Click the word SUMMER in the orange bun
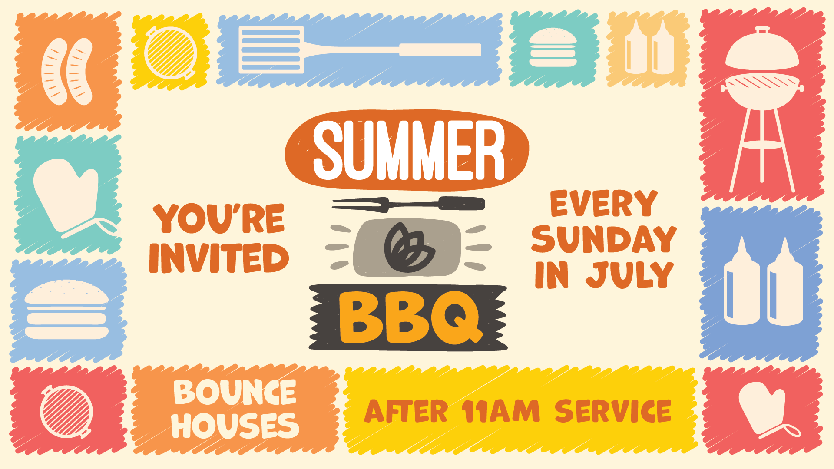click(409, 150)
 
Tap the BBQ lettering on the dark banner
click(411, 317)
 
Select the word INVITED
click(219, 258)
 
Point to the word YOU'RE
click(219, 218)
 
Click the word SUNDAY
click(604, 239)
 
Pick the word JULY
click(629, 274)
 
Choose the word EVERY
click(604, 203)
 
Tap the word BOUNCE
click(235, 392)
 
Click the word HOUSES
click(235, 425)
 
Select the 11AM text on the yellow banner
click(500, 411)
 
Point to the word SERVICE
click(613, 411)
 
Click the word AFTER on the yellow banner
click(406, 411)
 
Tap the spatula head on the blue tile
click(271, 50)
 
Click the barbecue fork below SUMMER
click(408, 204)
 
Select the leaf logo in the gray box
click(409, 248)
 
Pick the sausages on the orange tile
click(67, 72)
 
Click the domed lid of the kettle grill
click(762, 50)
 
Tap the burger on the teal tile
click(553, 47)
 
